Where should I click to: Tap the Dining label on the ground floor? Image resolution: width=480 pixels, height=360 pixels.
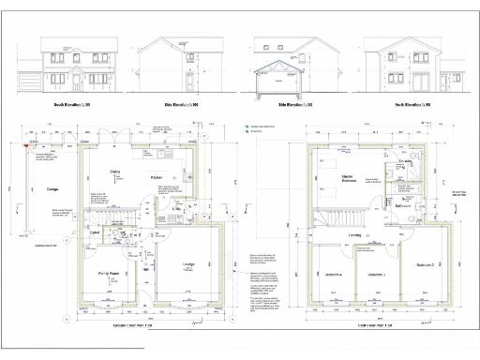point(115,172)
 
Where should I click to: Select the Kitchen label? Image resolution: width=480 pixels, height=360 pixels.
point(157,175)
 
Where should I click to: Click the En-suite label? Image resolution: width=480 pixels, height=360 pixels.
point(404,162)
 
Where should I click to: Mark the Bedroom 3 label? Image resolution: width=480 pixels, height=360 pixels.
point(376,276)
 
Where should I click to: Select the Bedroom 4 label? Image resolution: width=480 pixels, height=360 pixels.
point(334,276)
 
